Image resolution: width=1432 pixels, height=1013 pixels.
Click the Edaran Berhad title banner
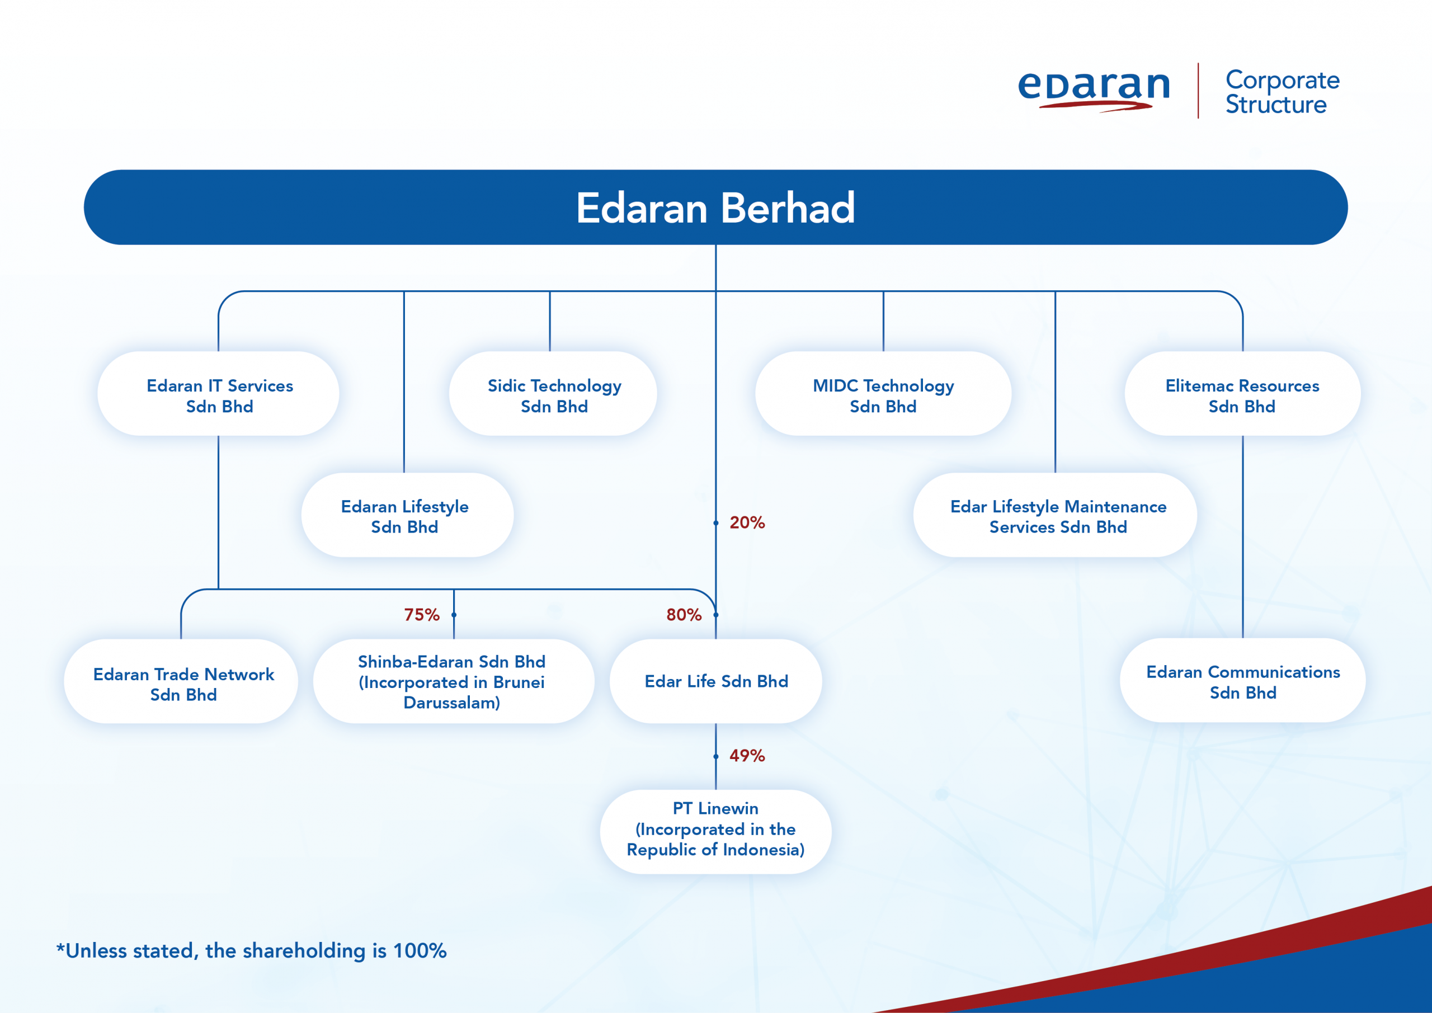715,207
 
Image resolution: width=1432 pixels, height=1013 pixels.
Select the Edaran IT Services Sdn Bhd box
218,394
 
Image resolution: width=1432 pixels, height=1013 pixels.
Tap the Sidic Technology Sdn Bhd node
553,394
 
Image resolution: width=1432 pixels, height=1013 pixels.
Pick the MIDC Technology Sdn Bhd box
883,394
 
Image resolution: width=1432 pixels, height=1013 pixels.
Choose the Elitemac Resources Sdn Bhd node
1242,394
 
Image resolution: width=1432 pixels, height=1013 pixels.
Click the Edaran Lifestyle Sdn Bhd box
407,515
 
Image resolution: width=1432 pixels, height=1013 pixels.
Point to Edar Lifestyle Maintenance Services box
1056,515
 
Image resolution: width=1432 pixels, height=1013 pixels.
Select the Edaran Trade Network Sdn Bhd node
181,681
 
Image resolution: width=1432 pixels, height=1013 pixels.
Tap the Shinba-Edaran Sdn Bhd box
454,681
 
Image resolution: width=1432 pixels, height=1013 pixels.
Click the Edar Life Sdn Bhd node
715,681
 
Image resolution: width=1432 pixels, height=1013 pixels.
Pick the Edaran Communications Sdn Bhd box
1242,681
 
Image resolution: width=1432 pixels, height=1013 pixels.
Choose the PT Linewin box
715,831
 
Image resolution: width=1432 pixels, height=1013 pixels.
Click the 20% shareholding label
747,522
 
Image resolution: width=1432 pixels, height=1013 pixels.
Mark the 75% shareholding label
422,615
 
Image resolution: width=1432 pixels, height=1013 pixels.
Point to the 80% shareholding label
684,615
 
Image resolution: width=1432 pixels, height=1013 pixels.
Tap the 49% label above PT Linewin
747,756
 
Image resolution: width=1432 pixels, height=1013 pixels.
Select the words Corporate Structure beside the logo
1282,92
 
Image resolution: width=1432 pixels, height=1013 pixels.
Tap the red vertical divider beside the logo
1198,91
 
